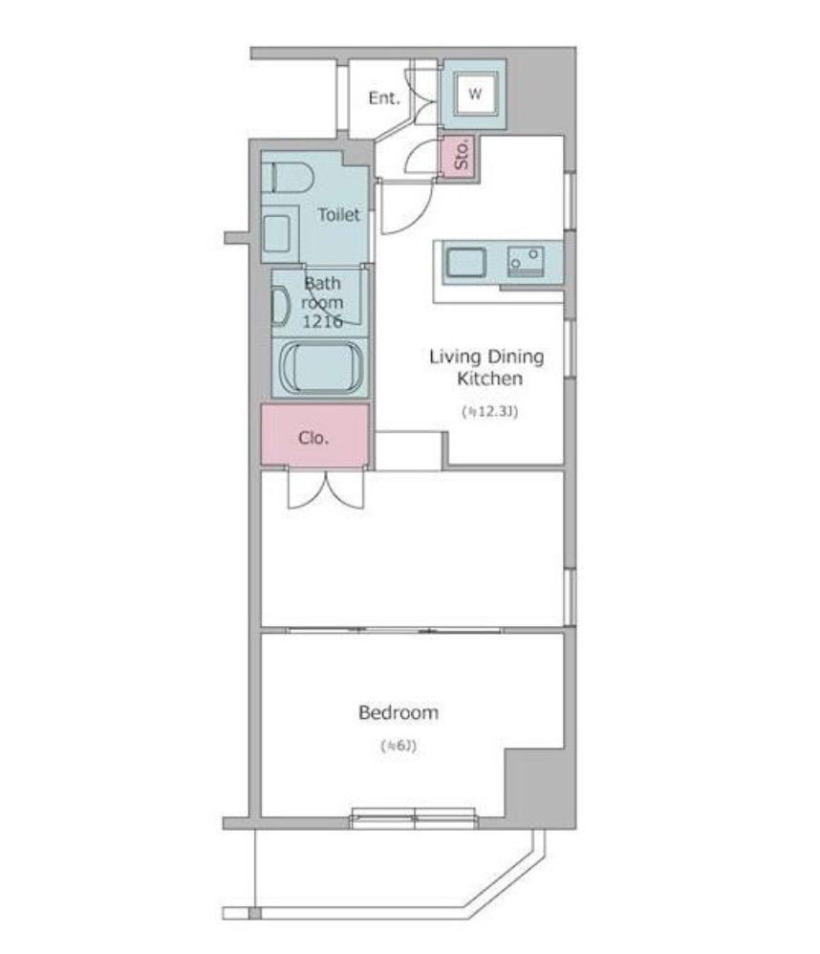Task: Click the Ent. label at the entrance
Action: pyautogui.click(x=384, y=98)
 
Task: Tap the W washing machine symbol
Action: pyautogui.click(x=474, y=94)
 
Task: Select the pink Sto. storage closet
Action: pyautogui.click(x=461, y=157)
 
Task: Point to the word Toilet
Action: pyautogui.click(x=338, y=214)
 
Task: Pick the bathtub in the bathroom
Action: pyautogui.click(x=321, y=367)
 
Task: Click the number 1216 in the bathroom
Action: pyautogui.click(x=322, y=321)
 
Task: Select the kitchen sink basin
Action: pyautogui.click(x=466, y=263)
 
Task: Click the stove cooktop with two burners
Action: pyautogui.click(x=527, y=261)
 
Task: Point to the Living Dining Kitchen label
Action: pyautogui.click(x=487, y=367)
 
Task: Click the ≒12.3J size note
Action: pyautogui.click(x=490, y=412)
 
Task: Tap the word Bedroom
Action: pyautogui.click(x=399, y=712)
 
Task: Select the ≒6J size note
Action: pyautogui.click(x=399, y=746)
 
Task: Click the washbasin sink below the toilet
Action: pyautogui.click(x=277, y=233)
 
